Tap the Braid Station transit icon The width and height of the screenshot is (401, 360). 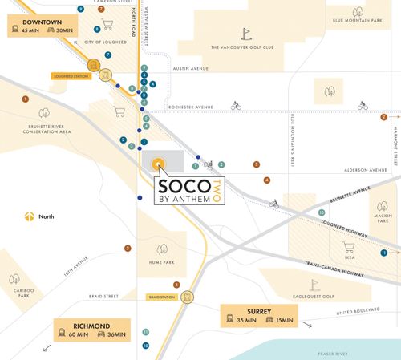(187, 296)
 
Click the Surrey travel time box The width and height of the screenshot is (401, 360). (258, 314)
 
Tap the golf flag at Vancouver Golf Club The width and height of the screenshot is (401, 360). (247, 34)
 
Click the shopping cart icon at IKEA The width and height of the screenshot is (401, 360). (347, 247)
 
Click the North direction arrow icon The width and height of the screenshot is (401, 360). (29, 216)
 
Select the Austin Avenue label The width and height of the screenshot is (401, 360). (190, 68)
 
